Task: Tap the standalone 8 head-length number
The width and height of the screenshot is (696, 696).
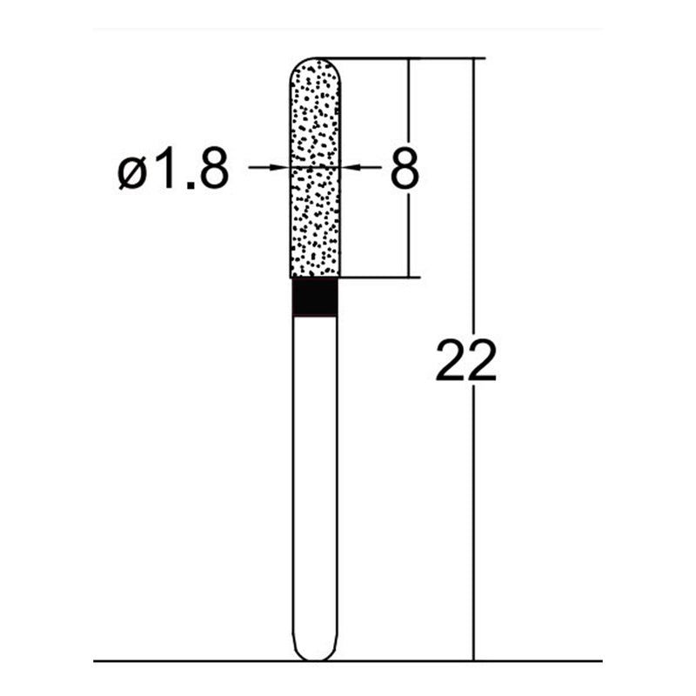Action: click(x=405, y=169)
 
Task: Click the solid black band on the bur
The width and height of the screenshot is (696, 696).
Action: click(x=314, y=298)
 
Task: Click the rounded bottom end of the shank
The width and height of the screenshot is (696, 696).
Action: click(x=314, y=654)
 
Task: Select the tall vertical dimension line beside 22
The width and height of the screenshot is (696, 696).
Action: click(x=474, y=522)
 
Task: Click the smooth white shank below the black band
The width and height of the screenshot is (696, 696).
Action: click(x=314, y=478)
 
